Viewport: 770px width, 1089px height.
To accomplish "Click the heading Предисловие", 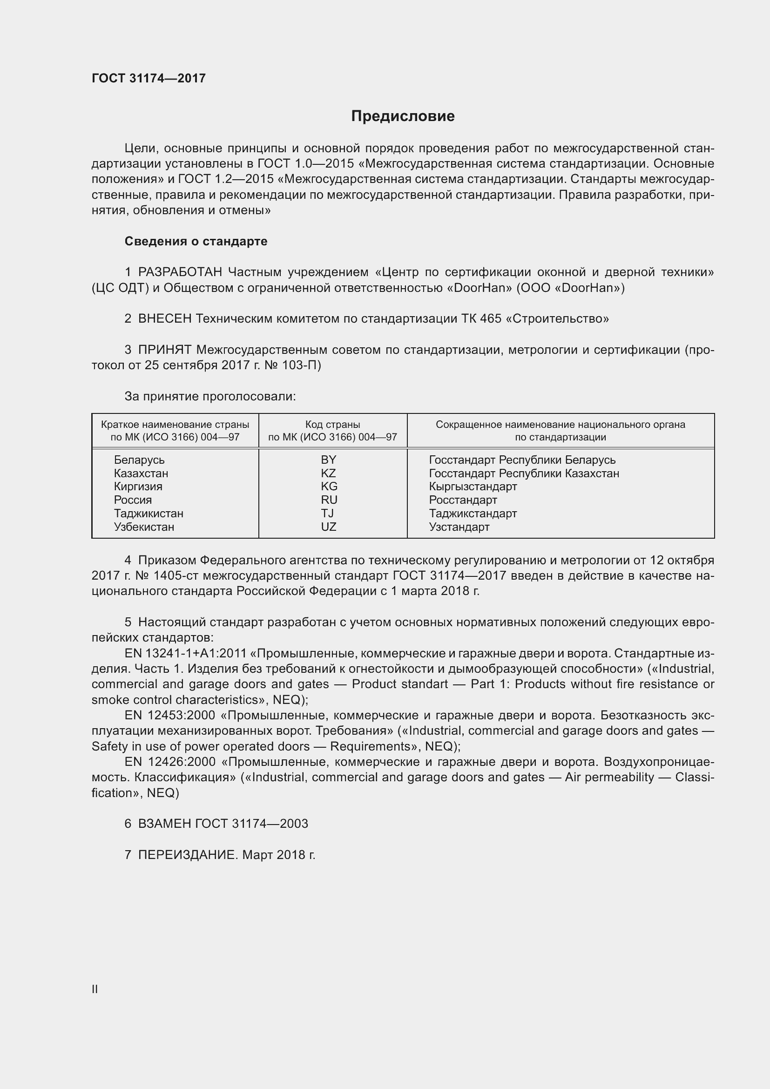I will pos(403,116).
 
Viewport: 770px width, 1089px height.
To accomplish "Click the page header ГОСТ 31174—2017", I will pos(149,79).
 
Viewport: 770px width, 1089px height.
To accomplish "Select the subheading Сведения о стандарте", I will pos(196,242).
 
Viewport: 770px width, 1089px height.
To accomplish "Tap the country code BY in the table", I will pos(328,460).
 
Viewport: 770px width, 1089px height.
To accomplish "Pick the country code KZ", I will pos(328,473).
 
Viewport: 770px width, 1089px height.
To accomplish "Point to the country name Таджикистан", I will pos(149,513).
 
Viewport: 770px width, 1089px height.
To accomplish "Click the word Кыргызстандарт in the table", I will pos(473,487).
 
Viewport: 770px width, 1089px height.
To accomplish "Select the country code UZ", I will pos(328,527).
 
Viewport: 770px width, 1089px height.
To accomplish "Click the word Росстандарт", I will pos(463,500).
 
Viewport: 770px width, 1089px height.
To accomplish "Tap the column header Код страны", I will pos(332,425).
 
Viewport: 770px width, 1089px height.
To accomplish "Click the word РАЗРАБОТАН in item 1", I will pos(180,272).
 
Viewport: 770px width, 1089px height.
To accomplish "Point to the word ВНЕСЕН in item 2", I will pos(165,319).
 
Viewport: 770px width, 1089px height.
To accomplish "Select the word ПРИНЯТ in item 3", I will pos(164,350).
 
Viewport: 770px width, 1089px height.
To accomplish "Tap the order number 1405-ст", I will pos(180,576).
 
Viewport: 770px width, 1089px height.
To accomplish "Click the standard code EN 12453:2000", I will pos(170,715).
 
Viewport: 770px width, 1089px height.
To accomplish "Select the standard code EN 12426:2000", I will pos(170,762).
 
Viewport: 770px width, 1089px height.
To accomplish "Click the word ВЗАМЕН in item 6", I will pos(164,824).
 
